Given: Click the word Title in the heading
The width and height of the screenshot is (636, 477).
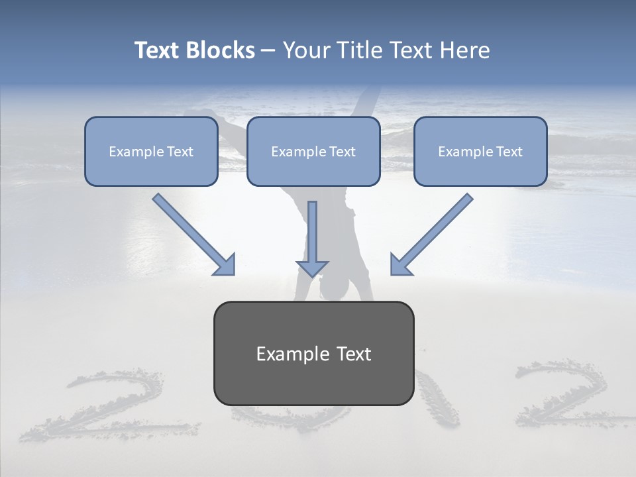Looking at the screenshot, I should click(x=357, y=50).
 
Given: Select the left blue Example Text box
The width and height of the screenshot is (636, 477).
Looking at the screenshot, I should click(x=151, y=151).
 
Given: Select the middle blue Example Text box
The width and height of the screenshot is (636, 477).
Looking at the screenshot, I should click(x=313, y=151).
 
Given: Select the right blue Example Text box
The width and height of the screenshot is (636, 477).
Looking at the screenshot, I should click(x=480, y=151).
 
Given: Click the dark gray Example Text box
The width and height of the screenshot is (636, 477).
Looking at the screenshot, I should click(x=313, y=353).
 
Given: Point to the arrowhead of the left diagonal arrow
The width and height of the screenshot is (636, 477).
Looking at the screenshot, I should click(x=225, y=265).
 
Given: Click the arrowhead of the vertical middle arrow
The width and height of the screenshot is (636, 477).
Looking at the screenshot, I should click(x=312, y=268).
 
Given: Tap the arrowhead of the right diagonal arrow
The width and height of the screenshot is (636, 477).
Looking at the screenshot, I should click(x=400, y=265).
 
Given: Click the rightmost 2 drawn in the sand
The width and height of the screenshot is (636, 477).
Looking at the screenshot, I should click(x=560, y=394).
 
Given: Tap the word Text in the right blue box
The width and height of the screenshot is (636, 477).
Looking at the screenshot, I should click(x=509, y=152).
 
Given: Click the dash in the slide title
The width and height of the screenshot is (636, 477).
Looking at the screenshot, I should click(x=269, y=51).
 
